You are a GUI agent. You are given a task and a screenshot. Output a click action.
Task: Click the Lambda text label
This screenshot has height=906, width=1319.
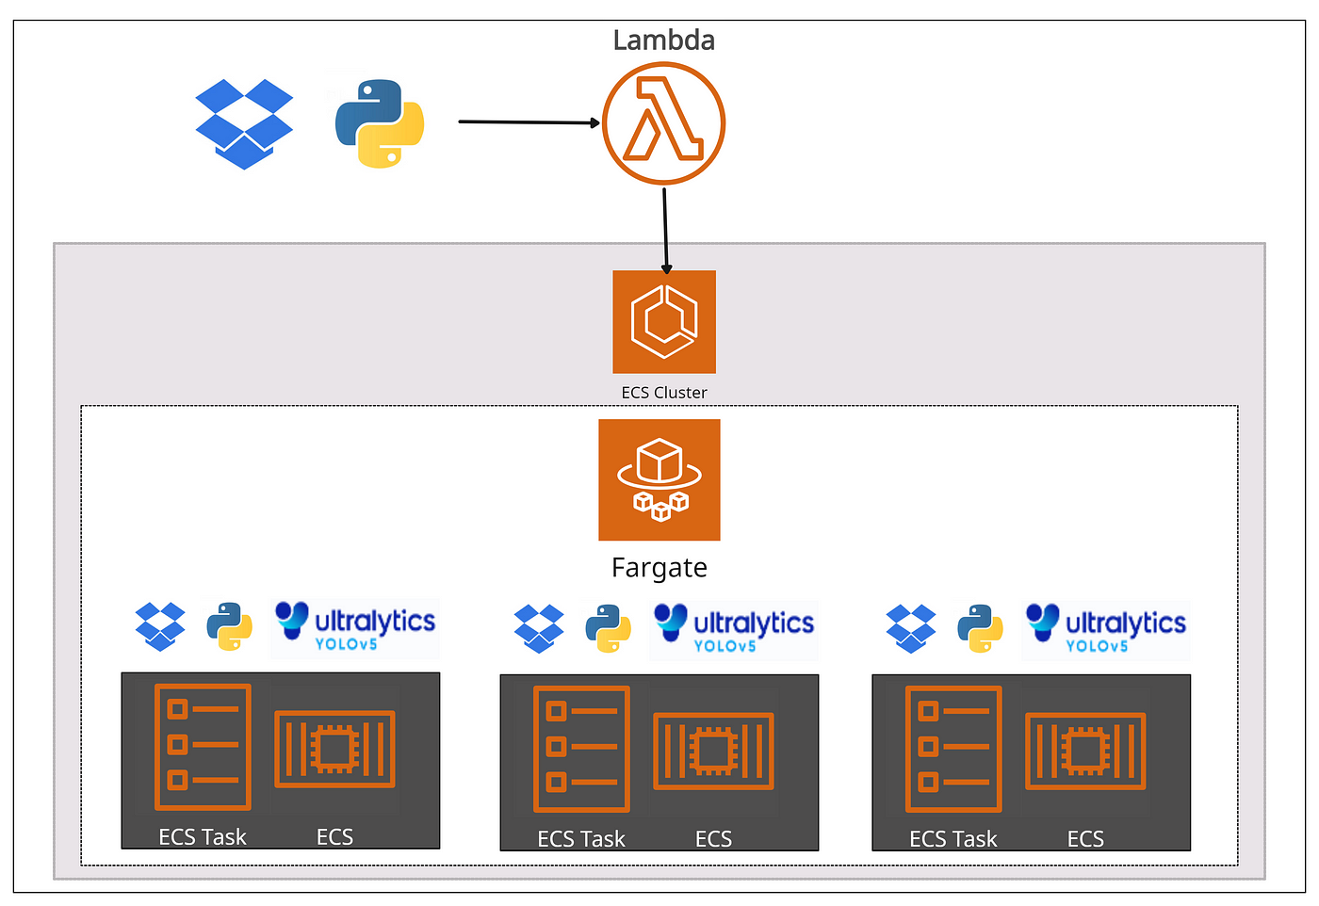663,40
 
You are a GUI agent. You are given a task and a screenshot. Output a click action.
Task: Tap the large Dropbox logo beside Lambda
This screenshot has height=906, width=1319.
244,124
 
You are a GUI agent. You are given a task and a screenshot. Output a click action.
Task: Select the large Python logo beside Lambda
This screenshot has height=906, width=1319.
380,123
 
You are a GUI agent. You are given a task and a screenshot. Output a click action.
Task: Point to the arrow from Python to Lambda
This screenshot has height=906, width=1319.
529,121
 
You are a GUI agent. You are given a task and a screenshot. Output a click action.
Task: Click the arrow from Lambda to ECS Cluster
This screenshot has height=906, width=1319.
665,231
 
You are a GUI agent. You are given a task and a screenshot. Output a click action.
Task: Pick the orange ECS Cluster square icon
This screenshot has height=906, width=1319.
664,322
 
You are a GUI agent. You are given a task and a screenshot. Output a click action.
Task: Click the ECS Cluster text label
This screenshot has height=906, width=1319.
664,393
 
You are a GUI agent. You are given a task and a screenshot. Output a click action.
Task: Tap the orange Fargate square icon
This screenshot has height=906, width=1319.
659,479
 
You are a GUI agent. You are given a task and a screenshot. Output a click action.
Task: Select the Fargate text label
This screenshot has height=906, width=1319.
659,568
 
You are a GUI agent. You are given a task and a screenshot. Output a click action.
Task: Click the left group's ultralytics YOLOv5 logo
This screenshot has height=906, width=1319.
355,627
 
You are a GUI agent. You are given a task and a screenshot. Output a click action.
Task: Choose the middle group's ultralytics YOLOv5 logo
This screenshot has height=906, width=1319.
734,630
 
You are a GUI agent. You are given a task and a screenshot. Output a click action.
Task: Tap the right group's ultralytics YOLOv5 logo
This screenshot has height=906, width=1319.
1106,630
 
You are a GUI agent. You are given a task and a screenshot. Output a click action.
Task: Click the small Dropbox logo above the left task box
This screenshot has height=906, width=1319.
160,627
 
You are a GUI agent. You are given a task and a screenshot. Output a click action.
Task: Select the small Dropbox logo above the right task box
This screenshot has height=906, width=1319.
911,629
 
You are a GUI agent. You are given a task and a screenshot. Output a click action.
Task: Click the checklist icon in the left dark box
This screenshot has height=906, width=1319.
203,747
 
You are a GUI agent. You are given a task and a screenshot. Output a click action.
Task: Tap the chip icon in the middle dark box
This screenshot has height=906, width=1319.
713,752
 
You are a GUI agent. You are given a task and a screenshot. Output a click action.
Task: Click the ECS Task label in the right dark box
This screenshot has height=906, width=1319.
953,838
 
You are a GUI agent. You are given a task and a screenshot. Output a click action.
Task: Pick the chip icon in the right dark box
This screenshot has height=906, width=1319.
1085,752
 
